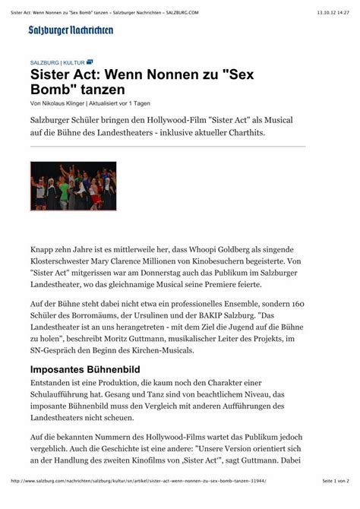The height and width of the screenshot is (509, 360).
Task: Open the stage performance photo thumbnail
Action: (73, 186)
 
